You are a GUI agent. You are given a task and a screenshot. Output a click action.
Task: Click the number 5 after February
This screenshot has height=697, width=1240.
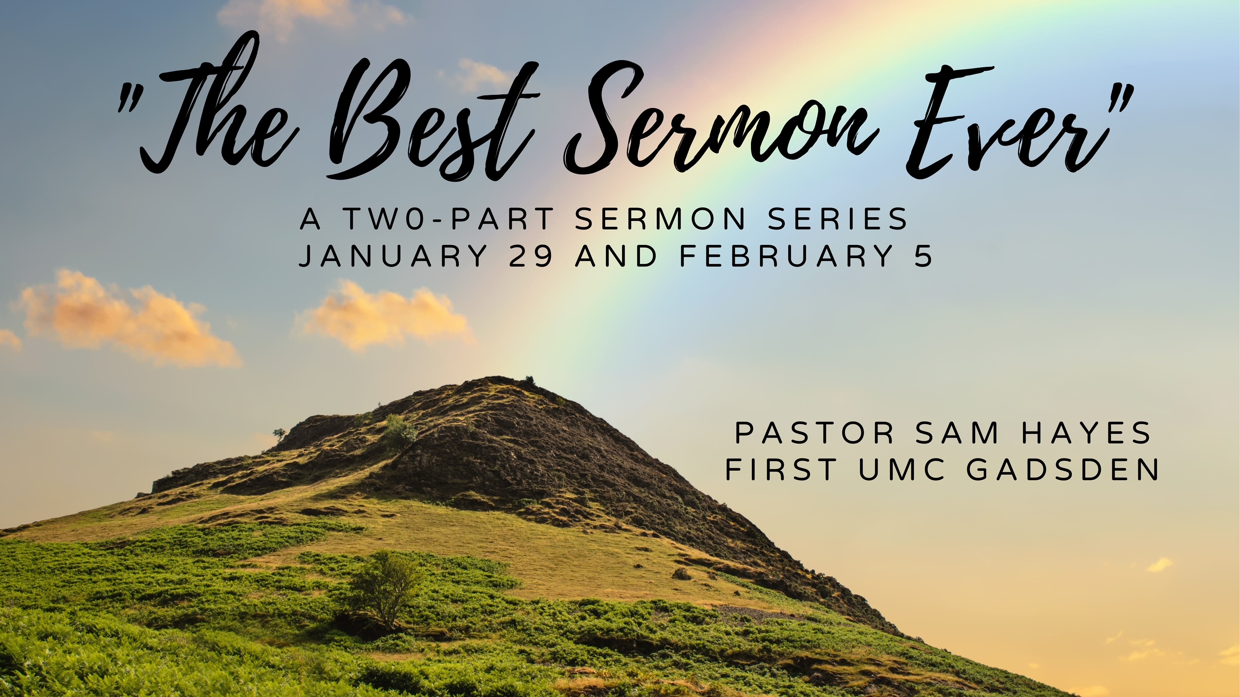[x=924, y=256]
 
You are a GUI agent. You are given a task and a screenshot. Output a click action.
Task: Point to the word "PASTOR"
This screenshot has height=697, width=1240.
[x=814, y=432]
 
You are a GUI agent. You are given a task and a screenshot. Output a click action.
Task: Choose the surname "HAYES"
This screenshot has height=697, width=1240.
[x=1086, y=432]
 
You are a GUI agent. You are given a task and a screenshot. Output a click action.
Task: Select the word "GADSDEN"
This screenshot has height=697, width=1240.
[x=1063, y=469]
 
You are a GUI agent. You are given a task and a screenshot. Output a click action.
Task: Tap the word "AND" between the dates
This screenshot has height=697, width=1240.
[x=616, y=256]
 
